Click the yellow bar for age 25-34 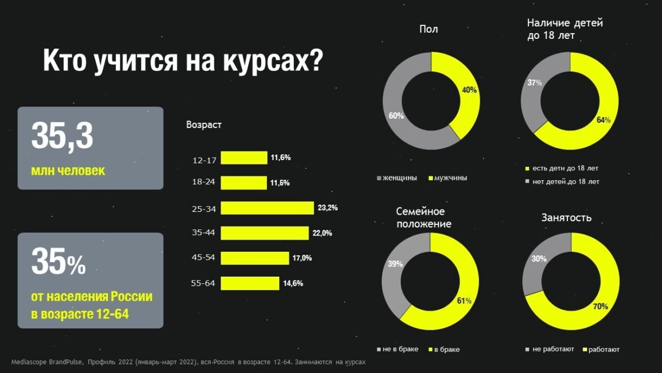pyautogui.click(x=267, y=208)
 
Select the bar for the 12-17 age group pyautogui.click(x=244, y=158)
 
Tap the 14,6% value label pyautogui.click(x=293, y=283)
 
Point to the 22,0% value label pyautogui.click(x=323, y=233)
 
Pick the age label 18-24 pyautogui.click(x=203, y=183)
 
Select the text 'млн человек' pyautogui.click(x=68, y=170)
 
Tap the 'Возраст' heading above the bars pyautogui.click(x=204, y=125)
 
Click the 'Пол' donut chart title pyautogui.click(x=428, y=29)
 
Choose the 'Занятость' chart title pyautogui.click(x=566, y=217)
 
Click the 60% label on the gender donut pyautogui.click(x=396, y=116)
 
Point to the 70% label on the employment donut pyautogui.click(x=600, y=307)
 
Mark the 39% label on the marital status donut pyautogui.click(x=395, y=264)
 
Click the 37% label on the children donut pyautogui.click(x=534, y=83)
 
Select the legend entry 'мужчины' pyautogui.click(x=450, y=178)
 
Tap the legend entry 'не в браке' pyautogui.click(x=400, y=349)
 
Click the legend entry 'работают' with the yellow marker pyautogui.click(x=603, y=349)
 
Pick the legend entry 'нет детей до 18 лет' pyautogui.click(x=566, y=182)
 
